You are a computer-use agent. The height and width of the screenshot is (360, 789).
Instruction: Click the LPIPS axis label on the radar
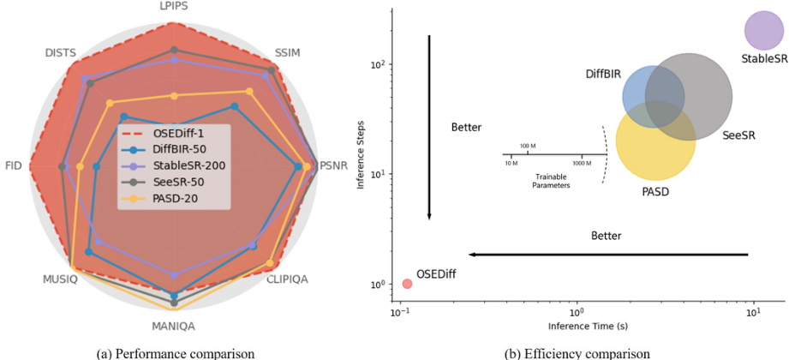click(x=174, y=6)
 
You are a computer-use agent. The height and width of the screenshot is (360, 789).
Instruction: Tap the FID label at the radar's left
click(x=14, y=165)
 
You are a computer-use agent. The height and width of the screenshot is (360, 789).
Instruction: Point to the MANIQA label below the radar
click(x=174, y=326)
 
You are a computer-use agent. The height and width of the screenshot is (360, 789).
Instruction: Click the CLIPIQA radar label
click(x=288, y=279)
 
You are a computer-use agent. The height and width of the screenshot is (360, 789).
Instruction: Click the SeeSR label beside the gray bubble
click(x=738, y=135)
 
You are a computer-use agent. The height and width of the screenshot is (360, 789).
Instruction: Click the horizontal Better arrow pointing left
click(x=608, y=255)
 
